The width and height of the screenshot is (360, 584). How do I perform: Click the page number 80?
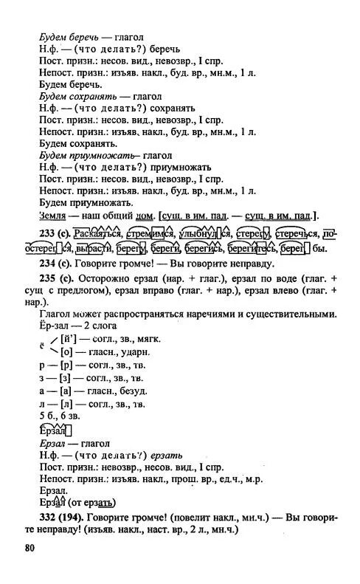tap(30, 548)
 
